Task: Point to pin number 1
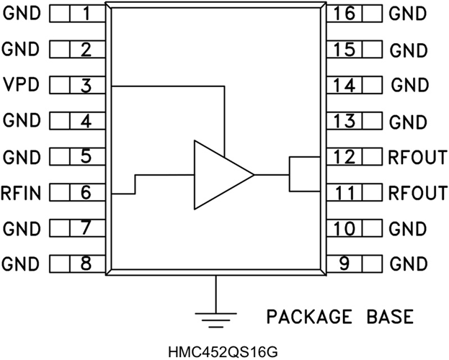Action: [x=86, y=14]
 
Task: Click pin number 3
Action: [x=86, y=86]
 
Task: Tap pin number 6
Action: [x=86, y=192]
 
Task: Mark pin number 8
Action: [x=86, y=264]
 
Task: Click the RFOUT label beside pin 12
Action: [x=417, y=156]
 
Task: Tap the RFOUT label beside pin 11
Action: [x=417, y=192]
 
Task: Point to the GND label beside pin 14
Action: [x=410, y=85]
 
